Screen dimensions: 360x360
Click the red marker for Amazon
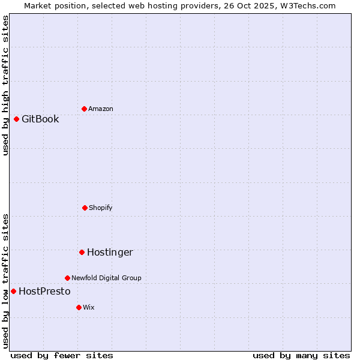84,109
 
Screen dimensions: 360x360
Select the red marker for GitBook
16,119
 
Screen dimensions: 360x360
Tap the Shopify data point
85,208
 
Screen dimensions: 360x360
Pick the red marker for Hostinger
82,252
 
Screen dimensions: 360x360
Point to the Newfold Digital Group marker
67,278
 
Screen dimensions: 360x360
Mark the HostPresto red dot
13,291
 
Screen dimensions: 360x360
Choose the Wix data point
79,307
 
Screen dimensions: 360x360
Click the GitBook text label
40,119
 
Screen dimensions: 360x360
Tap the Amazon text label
101,109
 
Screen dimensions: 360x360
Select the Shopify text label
101,208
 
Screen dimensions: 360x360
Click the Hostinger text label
110,252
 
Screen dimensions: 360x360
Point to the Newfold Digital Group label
106,278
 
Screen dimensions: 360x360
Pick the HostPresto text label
44,291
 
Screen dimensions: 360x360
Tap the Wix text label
89,307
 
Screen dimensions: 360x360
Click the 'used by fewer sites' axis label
62,356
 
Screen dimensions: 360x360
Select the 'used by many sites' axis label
301,356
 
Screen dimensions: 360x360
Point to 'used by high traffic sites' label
5,85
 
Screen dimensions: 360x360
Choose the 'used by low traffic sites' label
5,281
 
